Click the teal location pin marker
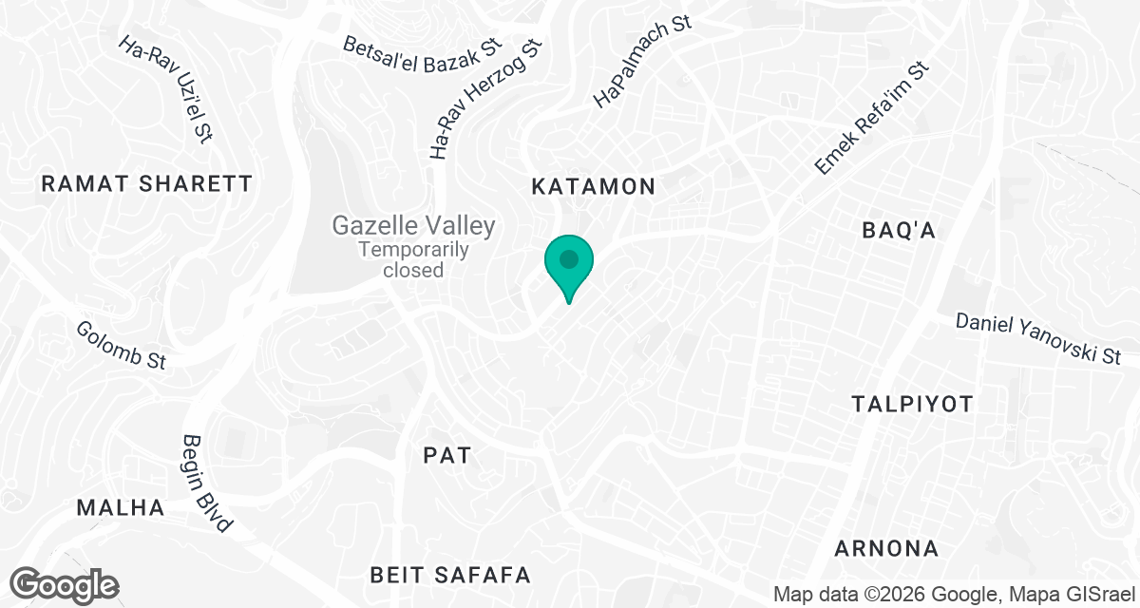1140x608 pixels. click(x=568, y=262)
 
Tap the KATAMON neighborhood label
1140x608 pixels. click(x=594, y=186)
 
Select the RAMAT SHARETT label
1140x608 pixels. click(x=147, y=184)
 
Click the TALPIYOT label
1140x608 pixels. click(x=913, y=405)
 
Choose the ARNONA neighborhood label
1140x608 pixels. click(x=886, y=548)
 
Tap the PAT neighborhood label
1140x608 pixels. click(x=446, y=455)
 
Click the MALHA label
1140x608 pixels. click(x=121, y=507)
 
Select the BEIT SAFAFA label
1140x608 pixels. click(x=449, y=575)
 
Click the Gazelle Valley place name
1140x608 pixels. click(x=413, y=226)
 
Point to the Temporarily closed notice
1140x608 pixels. click(x=413, y=259)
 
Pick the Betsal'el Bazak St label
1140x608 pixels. click(x=422, y=46)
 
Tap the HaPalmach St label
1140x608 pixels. click(x=641, y=62)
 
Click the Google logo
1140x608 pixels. click(x=66, y=585)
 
